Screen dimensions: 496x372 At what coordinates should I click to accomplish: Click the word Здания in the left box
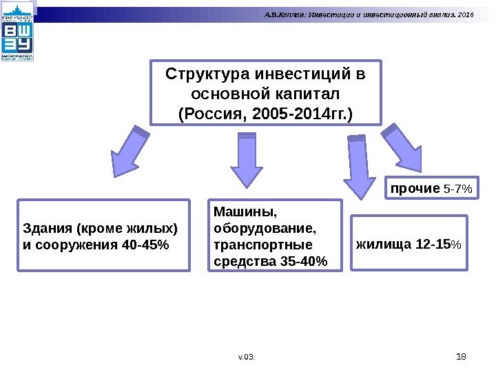pos(46,228)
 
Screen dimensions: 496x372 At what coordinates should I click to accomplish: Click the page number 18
pos(462,355)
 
